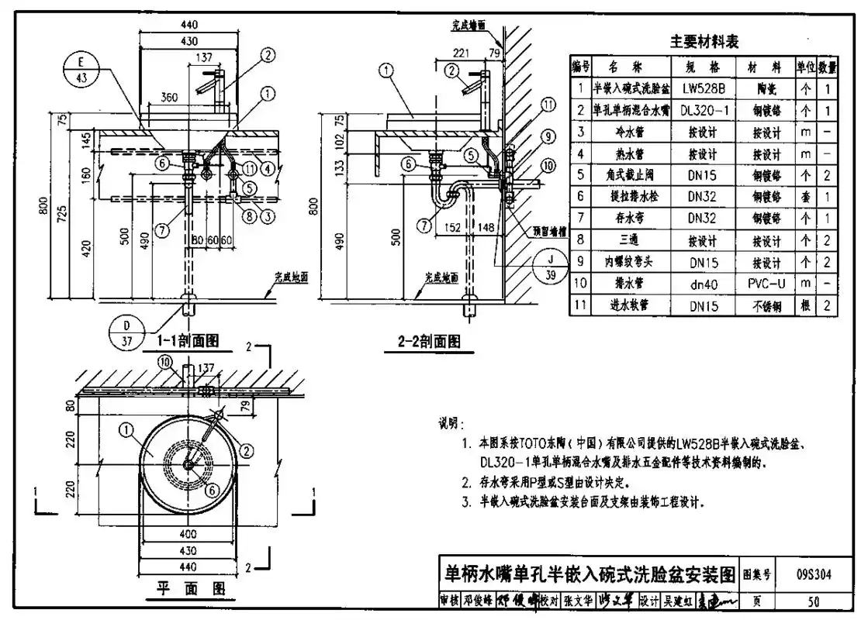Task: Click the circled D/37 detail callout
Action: (x=126, y=331)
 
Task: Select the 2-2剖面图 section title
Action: (x=429, y=340)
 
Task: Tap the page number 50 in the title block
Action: (x=814, y=600)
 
